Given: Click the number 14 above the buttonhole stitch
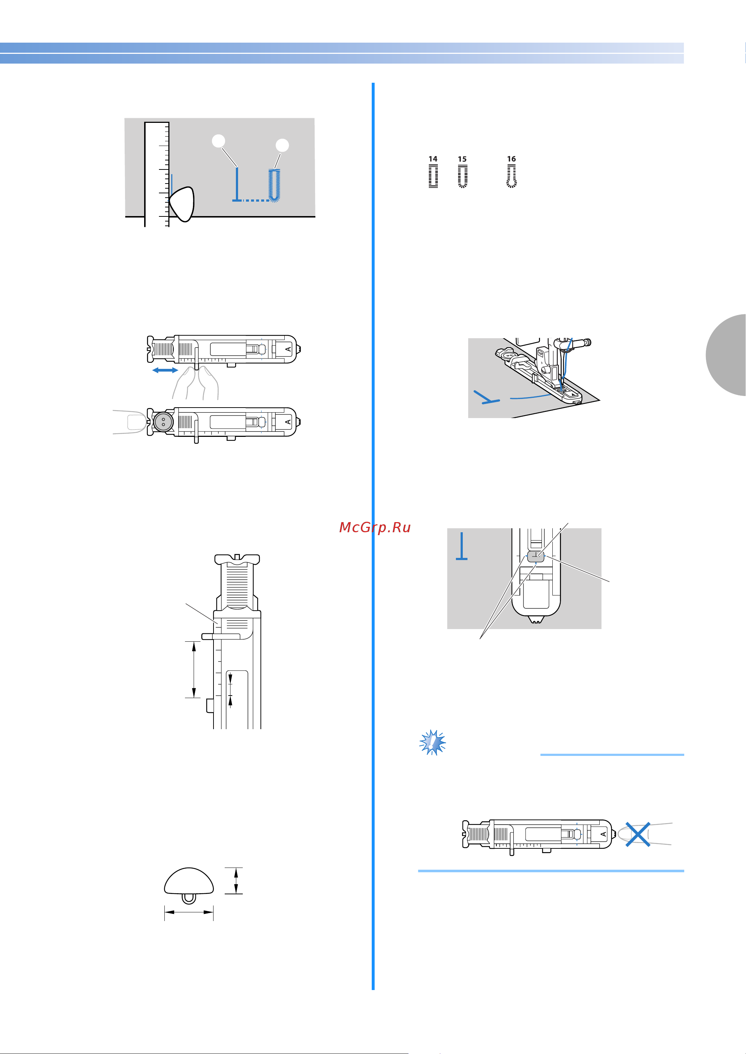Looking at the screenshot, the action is click(x=433, y=159).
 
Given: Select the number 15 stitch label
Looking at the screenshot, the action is click(x=462, y=159).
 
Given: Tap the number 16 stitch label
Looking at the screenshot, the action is click(x=511, y=159).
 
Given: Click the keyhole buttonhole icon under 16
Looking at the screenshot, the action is click(x=511, y=176).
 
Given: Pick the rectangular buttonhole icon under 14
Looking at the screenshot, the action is click(x=433, y=176).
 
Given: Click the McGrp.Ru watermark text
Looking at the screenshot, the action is click(x=375, y=528).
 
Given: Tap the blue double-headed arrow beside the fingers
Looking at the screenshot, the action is click(x=165, y=370).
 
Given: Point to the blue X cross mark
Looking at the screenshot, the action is click(x=638, y=834).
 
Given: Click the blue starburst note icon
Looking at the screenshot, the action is click(x=433, y=742).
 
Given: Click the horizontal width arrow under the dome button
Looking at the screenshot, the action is click(x=189, y=913).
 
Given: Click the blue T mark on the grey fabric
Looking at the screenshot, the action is click(x=462, y=546).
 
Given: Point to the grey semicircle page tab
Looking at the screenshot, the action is click(x=726, y=355).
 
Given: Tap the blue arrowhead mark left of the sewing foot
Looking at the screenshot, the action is click(x=486, y=398).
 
